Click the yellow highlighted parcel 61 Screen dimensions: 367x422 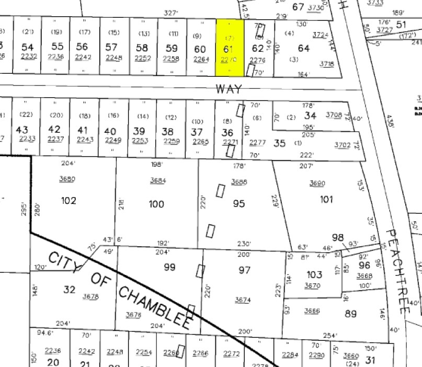[230, 49]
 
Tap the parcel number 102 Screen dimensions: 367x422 [69, 201]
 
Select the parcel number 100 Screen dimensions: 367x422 [157, 204]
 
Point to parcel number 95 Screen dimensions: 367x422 [239, 203]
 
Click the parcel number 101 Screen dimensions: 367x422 [326, 199]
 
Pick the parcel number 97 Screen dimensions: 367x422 [244, 270]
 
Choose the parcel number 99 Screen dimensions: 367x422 [169, 267]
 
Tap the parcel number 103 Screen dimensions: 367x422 [314, 274]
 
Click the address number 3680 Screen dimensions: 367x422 [67, 179]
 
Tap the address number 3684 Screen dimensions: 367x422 [158, 180]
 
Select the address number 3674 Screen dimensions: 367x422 [243, 300]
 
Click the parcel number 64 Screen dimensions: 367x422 [304, 49]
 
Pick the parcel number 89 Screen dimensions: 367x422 [350, 314]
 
